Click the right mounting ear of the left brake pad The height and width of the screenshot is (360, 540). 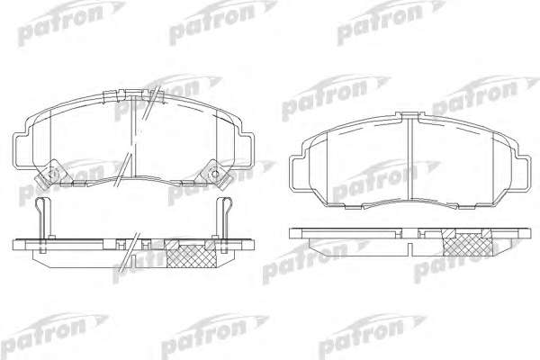coord(247,149)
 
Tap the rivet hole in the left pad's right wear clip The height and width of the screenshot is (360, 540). coord(214,174)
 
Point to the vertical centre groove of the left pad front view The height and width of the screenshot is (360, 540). coord(134,137)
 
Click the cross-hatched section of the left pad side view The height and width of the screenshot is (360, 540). coord(192,255)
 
